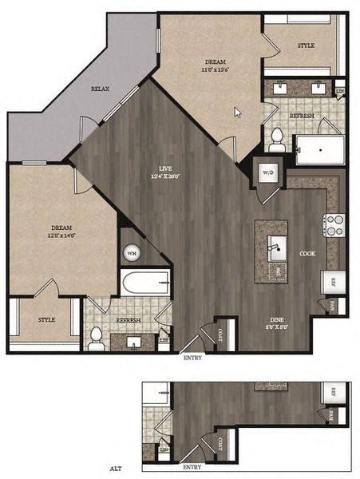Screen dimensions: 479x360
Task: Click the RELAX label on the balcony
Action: [100, 89]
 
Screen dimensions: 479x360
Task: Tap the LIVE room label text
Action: [165, 168]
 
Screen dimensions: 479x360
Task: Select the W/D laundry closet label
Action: [267, 171]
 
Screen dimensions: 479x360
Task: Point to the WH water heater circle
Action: [131, 253]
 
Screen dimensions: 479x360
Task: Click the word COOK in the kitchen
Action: [307, 253]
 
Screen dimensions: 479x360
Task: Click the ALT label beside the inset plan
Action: [114, 469]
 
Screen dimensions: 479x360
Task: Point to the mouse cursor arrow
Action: [237, 113]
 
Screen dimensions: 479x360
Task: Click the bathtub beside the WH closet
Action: [145, 283]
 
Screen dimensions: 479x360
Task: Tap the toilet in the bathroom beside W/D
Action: [277, 139]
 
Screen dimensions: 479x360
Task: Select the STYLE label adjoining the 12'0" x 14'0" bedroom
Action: [46, 319]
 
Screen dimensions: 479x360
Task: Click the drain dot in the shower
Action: [320, 148]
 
